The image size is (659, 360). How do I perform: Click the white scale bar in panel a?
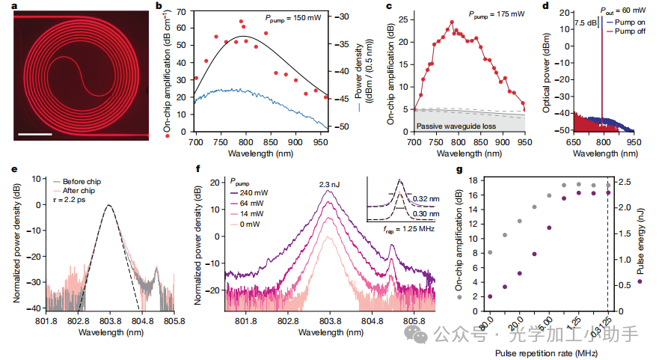coord(36,134)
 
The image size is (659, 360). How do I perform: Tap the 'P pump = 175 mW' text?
coord(476,13)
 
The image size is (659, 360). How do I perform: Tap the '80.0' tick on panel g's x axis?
coord(491,325)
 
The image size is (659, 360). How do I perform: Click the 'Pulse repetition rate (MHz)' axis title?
coord(547,350)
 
